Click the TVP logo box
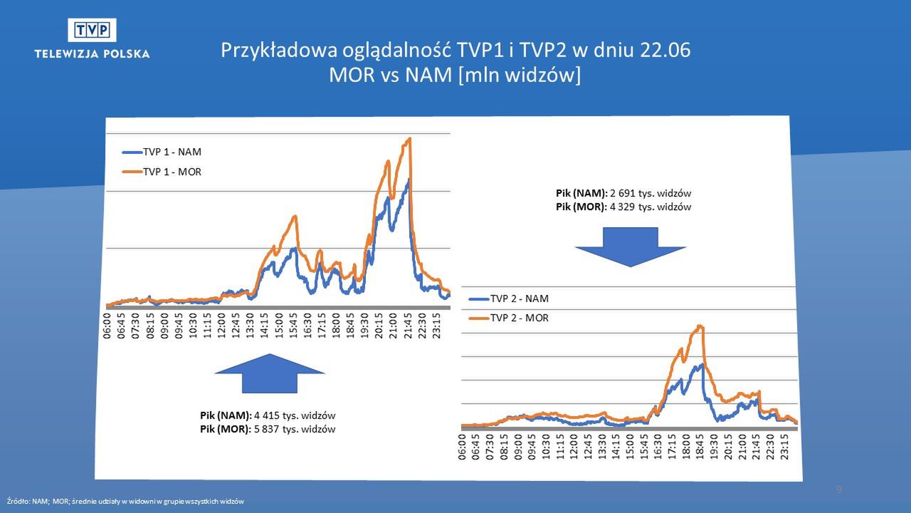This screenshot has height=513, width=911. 92,31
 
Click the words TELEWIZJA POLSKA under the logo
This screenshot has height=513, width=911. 92,53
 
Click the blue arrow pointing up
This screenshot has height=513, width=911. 269,373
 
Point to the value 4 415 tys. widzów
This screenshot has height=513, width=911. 294,415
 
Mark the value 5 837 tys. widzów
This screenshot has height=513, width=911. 294,429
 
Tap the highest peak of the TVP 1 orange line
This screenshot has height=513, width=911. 410,138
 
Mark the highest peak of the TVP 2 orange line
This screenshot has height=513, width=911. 702,326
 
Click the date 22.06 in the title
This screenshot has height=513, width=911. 664,51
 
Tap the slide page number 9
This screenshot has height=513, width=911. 839,489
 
